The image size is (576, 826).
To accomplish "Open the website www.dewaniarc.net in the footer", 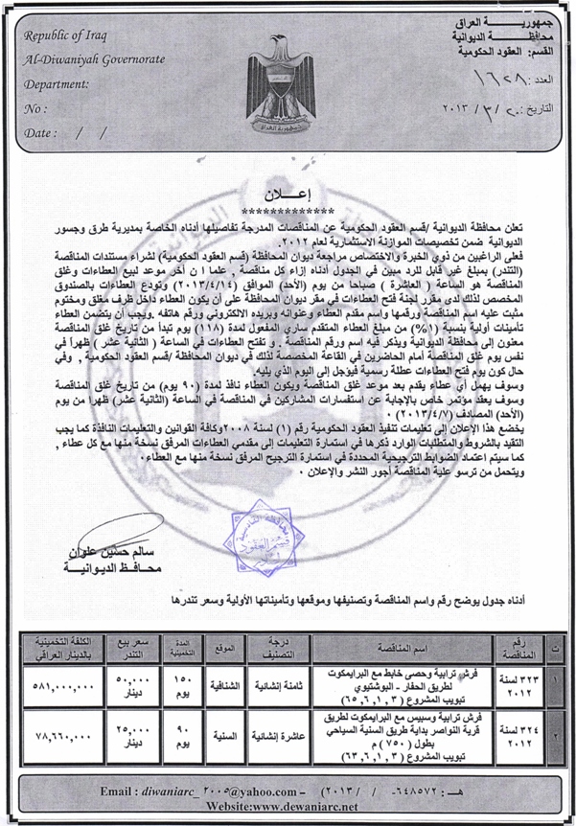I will (288, 810).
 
